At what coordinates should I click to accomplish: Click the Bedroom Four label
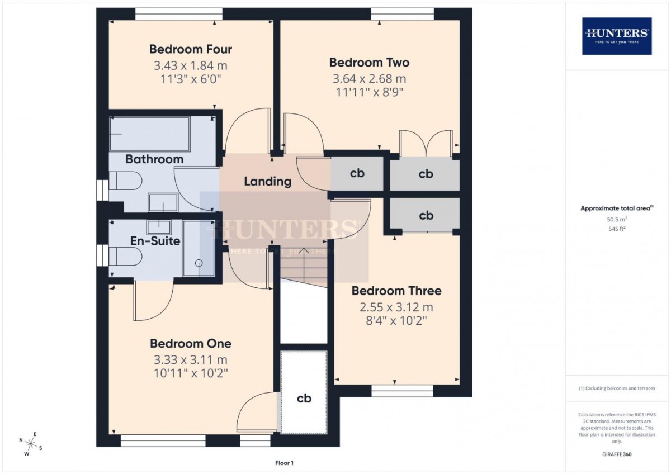[x=191, y=49]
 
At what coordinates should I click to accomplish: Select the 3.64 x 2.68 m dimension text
[x=370, y=79]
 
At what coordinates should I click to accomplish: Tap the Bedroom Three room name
[x=396, y=291]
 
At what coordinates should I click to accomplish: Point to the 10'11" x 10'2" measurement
[x=191, y=373]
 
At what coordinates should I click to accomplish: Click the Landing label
[x=267, y=182]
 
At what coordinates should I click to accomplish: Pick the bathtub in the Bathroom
[x=150, y=134]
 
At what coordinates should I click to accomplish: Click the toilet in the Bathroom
[x=125, y=181]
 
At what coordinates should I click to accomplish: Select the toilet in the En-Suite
[x=125, y=257]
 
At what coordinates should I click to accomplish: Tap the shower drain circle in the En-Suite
[x=199, y=263]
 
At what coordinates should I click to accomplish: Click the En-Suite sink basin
[x=159, y=227]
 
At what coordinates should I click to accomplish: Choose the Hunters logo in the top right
[x=617, y=36]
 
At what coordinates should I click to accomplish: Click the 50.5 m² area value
[x=617, y=219]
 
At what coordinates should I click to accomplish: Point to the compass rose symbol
[x=30, y=444]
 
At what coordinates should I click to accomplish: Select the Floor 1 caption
[x=284, y=463]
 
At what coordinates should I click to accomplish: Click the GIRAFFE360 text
[x=617, y=454]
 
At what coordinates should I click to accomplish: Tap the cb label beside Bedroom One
[x=304, y=398]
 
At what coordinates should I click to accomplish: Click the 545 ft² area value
[x=617, y=229]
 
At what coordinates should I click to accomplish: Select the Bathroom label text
[x=154, y=159]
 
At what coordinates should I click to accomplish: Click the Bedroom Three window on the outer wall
[x=402, y=391]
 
